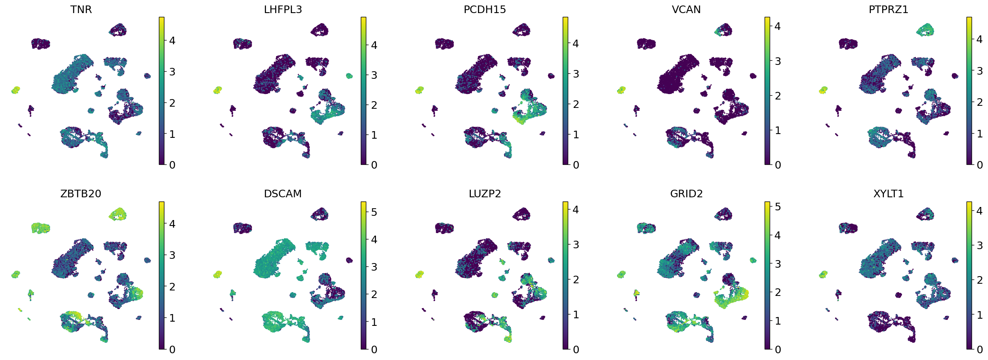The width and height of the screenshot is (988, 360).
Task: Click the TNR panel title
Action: tap(81, 9)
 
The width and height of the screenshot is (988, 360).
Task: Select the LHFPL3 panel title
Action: tap(283, 9)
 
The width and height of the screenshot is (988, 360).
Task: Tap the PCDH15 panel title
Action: tap(485, 9)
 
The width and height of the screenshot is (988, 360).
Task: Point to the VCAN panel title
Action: tap(686, 9)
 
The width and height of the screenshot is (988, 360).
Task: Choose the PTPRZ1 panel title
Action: tap(888, 9)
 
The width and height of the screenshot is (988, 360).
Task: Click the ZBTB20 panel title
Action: tap(81, 194)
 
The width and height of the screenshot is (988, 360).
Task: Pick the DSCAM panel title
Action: tap(283, 194)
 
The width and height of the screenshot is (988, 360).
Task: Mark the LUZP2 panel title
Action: tap(485, 194)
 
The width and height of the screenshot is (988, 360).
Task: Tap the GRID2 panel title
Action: tap(686, 194)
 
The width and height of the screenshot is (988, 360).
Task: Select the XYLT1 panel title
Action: tap(888, 194)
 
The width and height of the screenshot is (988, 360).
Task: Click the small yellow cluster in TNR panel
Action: tap(16, 90)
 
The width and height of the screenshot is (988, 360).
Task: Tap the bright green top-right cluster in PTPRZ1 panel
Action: tap(926, 30)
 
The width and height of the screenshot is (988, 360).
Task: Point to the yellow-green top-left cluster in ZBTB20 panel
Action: tap(40, 228)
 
